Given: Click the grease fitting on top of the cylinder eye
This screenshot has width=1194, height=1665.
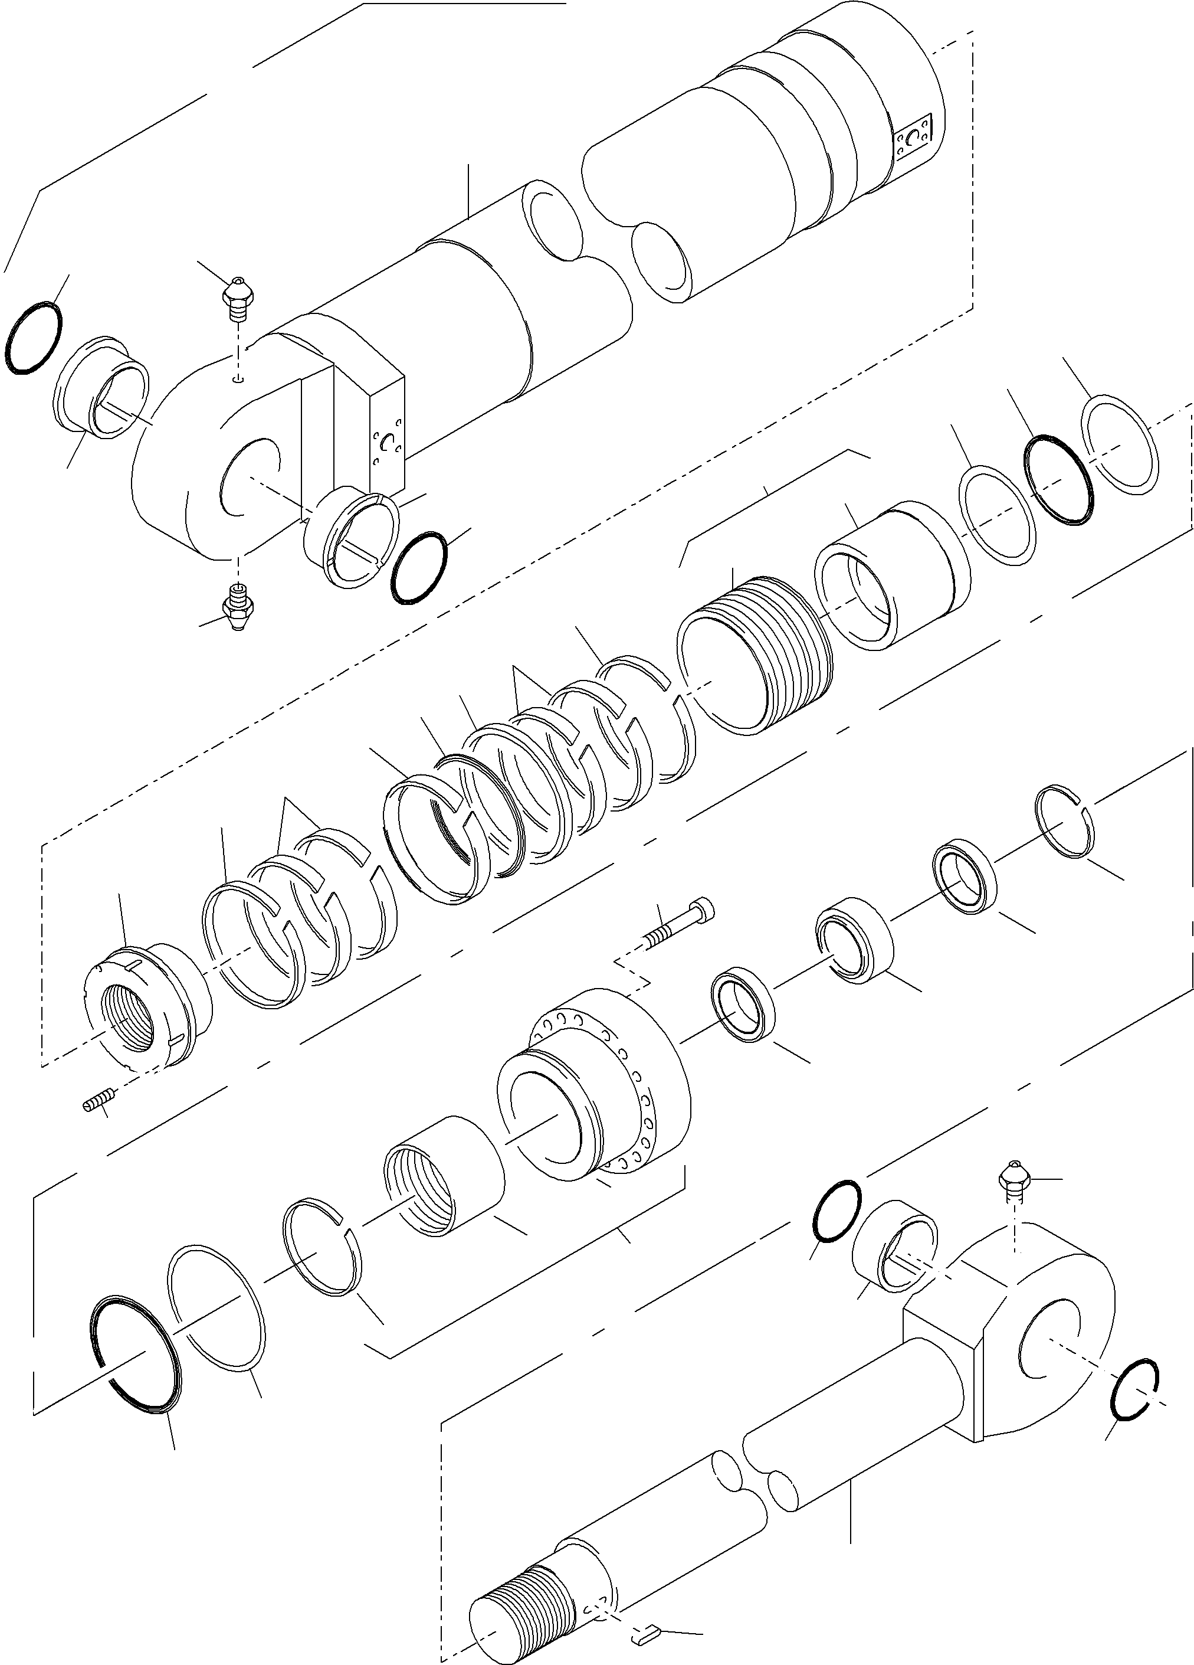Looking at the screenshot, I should (x=237, y=297).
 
